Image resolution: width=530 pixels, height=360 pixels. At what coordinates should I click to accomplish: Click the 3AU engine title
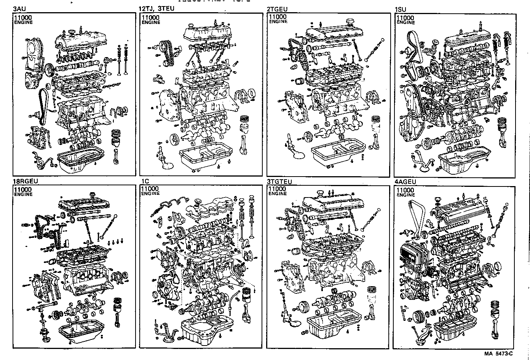click(20, 9)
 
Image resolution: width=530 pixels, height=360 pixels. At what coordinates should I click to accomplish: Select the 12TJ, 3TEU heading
click(156, 9)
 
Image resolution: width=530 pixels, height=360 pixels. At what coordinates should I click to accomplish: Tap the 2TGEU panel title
click(277, 9)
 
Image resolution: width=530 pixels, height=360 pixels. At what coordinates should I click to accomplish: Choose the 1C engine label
click(145, 181)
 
